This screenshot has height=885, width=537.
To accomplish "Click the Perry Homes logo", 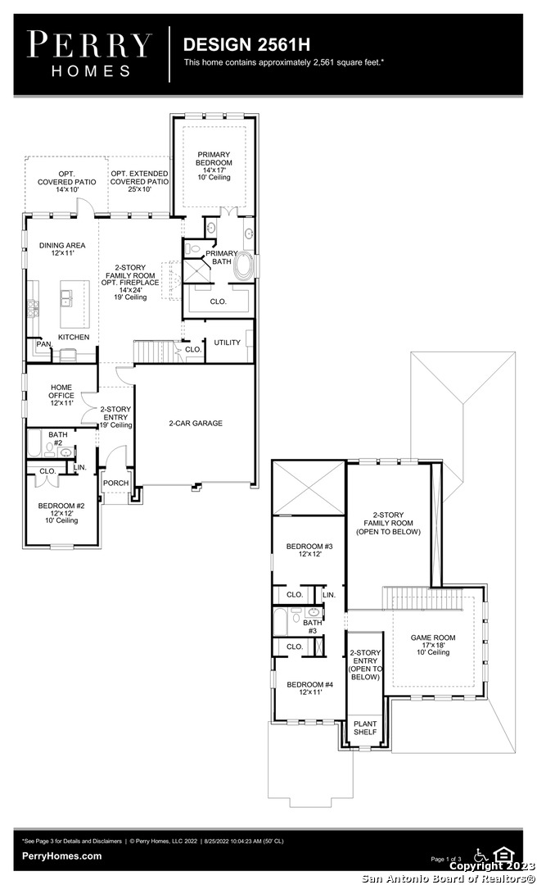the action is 90,54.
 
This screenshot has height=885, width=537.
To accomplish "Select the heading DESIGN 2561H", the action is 246,44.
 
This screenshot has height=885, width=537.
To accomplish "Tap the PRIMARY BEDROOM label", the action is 214,159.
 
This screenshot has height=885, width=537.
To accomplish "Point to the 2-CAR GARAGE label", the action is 196,423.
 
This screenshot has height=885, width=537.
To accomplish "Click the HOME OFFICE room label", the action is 61,391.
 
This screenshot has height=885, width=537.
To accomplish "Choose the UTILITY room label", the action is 227,343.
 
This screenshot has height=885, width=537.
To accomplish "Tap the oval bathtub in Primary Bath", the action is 244,265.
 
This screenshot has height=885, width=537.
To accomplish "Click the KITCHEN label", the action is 74,337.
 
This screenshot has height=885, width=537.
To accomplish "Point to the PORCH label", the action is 115,483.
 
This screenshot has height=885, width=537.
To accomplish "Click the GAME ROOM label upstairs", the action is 433,638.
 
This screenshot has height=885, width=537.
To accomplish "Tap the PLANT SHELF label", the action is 365,728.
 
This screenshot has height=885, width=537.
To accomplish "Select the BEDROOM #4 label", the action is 309,684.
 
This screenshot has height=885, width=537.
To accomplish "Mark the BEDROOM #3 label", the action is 309,547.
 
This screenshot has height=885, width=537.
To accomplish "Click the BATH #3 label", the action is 313,627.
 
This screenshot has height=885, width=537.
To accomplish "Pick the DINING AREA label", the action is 62,246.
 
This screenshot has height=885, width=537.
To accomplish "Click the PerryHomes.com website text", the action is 62,855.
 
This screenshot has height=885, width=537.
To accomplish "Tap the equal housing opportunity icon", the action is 501,854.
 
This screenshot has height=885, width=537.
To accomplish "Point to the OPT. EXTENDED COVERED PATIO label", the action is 139,178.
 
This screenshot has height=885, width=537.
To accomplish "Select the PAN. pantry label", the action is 43,343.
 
